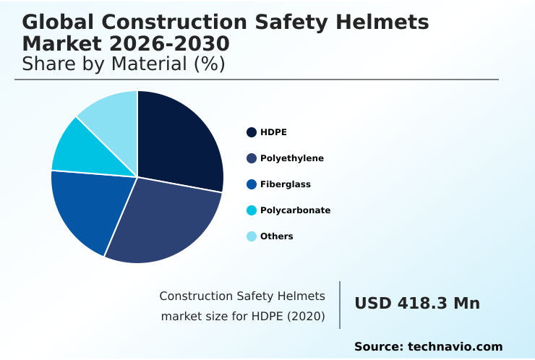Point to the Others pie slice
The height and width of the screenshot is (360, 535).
point(112,112)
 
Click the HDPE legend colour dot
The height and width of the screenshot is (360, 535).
point(252,132)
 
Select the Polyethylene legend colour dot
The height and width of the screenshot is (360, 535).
point(252,158)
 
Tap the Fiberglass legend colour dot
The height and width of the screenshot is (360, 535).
point(252,184)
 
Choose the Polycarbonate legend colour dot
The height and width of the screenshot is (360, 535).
point(252,210)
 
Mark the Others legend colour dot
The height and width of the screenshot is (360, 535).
point(252,236)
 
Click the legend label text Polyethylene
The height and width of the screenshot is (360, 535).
point(292,158)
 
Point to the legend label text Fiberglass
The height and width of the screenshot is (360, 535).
point(286,184)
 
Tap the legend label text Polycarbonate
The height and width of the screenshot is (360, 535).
point(295,210)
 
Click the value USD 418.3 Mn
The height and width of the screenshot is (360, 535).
point(417,304)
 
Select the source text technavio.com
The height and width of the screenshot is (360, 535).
point(455,347)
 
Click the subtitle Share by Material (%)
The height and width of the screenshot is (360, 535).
point(124,64)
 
